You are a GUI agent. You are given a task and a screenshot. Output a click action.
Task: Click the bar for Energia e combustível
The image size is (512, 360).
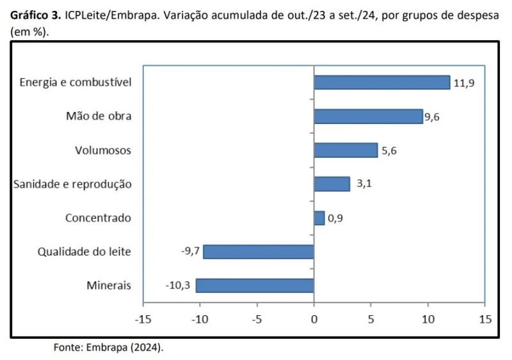pos(381,82)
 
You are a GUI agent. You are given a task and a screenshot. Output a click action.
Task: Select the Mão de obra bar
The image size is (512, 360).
pos(368,116)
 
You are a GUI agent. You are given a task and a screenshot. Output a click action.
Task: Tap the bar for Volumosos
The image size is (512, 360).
pos(346,150)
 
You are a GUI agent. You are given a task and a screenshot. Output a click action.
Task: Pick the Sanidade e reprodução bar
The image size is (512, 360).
pos(332,184)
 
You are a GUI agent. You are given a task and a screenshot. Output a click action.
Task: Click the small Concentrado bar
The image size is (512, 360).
pos(319,218)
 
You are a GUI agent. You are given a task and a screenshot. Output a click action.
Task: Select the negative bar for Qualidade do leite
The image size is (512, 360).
pos(258,252)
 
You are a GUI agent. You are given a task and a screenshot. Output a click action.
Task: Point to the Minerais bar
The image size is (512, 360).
pos(255,285)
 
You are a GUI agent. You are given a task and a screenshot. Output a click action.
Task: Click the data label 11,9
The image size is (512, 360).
pos(464,83)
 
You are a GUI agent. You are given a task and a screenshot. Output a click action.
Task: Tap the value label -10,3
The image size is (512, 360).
pos(179,285)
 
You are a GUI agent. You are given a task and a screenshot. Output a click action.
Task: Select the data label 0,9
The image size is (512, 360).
pos(335,219)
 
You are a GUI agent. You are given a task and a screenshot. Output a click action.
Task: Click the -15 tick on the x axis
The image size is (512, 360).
pos(143,318)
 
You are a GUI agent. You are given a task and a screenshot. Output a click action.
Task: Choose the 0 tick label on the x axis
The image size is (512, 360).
pos(314,318)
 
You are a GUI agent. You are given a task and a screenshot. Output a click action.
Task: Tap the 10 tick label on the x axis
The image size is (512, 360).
pos(428,318)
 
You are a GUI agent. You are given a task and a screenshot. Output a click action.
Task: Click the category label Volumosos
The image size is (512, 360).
pos(103,151)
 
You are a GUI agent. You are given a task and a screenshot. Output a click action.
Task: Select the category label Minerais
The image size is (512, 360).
pos(109,285)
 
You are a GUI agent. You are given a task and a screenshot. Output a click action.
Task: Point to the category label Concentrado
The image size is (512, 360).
pos(98,218)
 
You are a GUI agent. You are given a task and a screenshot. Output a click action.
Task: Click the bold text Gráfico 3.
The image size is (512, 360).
pos(35,16)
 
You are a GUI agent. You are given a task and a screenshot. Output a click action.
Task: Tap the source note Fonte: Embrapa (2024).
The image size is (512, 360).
pos(108,348)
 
